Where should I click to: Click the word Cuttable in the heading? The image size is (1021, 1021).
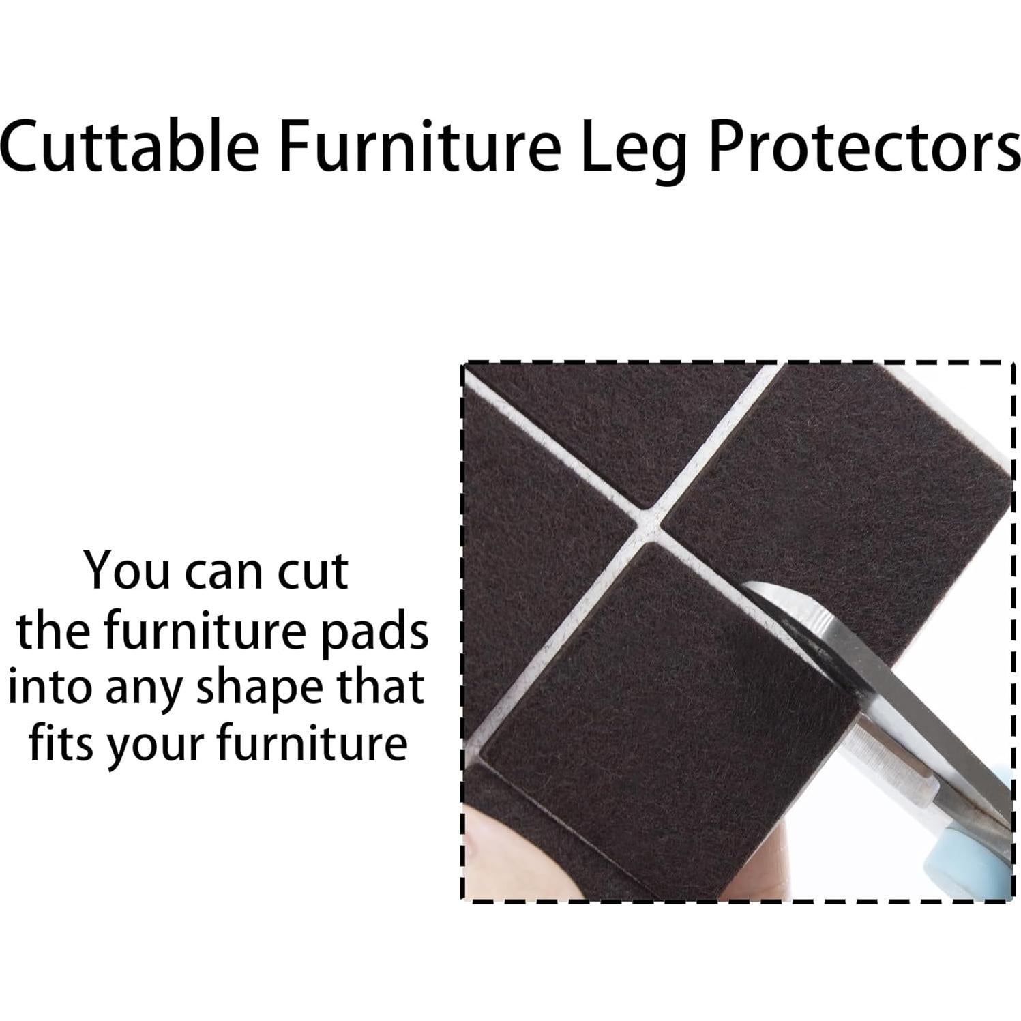(130, 146)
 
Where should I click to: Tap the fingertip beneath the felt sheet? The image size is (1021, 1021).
(505, 849)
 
